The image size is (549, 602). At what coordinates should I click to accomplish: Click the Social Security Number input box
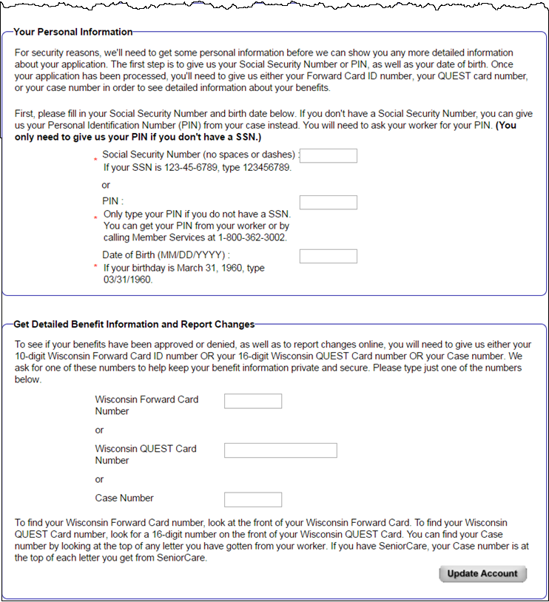(x=328, y=156)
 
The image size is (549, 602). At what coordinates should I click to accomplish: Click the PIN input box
(x=328, y=203)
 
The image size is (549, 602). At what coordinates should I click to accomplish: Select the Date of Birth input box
(x=328, y=257)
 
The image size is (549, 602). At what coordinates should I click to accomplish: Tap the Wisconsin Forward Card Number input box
(x=252, y=401)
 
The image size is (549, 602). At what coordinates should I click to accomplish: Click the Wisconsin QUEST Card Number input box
(x=280, y=450)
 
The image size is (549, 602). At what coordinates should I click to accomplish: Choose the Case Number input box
(x=252, y=499)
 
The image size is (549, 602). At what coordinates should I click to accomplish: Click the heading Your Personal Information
(x=73, y=32)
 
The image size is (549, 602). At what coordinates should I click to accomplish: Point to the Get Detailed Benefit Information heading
(x=133, y=324)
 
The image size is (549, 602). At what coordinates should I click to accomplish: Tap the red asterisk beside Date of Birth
(x=95, y=266)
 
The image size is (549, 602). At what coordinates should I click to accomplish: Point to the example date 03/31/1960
(x=127, y=280)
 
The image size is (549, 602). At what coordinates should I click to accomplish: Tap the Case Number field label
(x=124, y=498)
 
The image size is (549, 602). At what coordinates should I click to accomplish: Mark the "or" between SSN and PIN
(x=107, y=185)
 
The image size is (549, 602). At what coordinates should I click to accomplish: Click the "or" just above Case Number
(x=100, y=479)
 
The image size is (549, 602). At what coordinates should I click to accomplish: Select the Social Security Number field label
(x=199, y=155)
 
